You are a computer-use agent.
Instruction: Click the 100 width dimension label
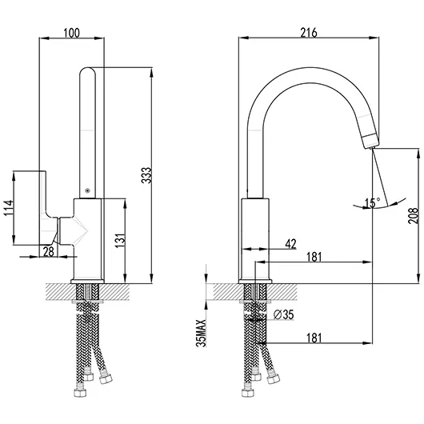[x=72, y=33]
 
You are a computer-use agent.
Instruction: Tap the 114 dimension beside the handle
[x=8, y=208]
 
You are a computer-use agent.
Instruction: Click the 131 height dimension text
[x=120, y=241]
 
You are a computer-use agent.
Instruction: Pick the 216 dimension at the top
[x=310, y=33]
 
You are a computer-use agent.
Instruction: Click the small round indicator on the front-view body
[x=86, y=191]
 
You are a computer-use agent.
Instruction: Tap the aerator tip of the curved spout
[x=369, y=142]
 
